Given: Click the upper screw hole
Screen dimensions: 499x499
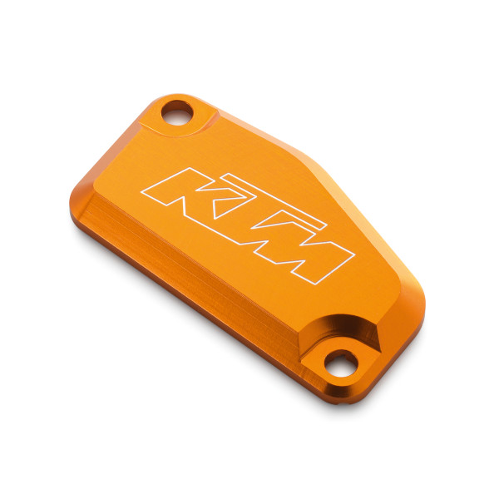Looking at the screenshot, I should (178, 111).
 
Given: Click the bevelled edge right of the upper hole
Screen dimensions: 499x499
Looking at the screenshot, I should (241, 125).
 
